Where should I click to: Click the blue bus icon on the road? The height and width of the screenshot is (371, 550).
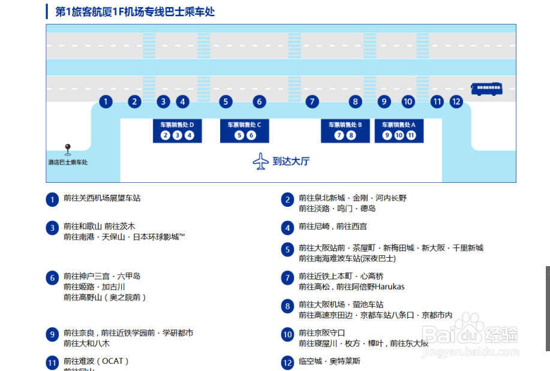click(485, 89)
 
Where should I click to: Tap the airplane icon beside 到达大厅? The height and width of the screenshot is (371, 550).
click(261, 161)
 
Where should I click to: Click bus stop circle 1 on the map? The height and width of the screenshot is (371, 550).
click(106, 101)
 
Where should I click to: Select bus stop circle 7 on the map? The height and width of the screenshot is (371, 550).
click(312, 101)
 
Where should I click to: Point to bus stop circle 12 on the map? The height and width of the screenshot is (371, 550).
click(456, 101)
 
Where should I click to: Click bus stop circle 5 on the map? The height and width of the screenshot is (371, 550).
click(226, 101)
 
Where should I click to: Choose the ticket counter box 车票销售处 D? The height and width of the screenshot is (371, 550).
click(177, 131)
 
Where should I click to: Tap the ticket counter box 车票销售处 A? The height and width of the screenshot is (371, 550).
click(399, 131)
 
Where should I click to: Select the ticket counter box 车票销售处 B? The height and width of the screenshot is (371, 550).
click(345, 131)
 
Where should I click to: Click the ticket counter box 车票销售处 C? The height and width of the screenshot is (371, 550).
click(244, 131)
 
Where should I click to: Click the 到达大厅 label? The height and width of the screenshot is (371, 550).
click(291, 161)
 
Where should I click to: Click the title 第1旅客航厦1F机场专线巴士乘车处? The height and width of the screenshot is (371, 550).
click(135, 11)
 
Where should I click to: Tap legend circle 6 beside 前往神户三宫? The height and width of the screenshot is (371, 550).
click(53, 278)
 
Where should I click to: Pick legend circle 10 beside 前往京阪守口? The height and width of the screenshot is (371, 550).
click(288, 334)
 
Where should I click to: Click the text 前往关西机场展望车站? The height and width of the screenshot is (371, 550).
click(102, 198)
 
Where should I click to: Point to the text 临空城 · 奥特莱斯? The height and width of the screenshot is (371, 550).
click(329, 361)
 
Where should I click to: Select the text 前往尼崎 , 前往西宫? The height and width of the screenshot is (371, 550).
click(333, 227)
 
